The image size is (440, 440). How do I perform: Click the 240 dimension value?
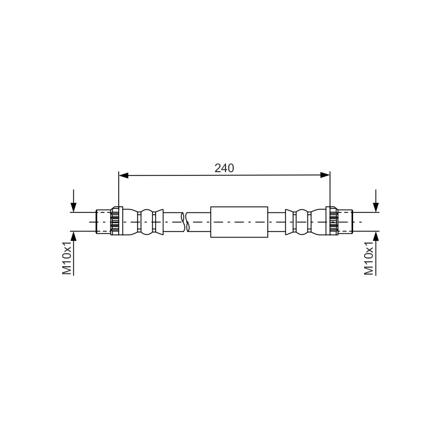(224, 168)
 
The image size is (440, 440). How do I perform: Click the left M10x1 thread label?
(67, 258)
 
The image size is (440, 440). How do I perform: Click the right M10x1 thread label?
(369, 258)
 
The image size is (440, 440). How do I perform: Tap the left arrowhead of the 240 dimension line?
(123, 175)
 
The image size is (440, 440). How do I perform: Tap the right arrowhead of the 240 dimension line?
(325, 175)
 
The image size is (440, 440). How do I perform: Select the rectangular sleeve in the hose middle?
(239, 222)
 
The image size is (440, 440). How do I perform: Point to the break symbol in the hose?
(185, 222)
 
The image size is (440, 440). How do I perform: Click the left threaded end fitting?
(103, 222)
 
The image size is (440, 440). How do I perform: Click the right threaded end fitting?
(345, 222)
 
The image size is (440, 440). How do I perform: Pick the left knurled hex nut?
(117, 221)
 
